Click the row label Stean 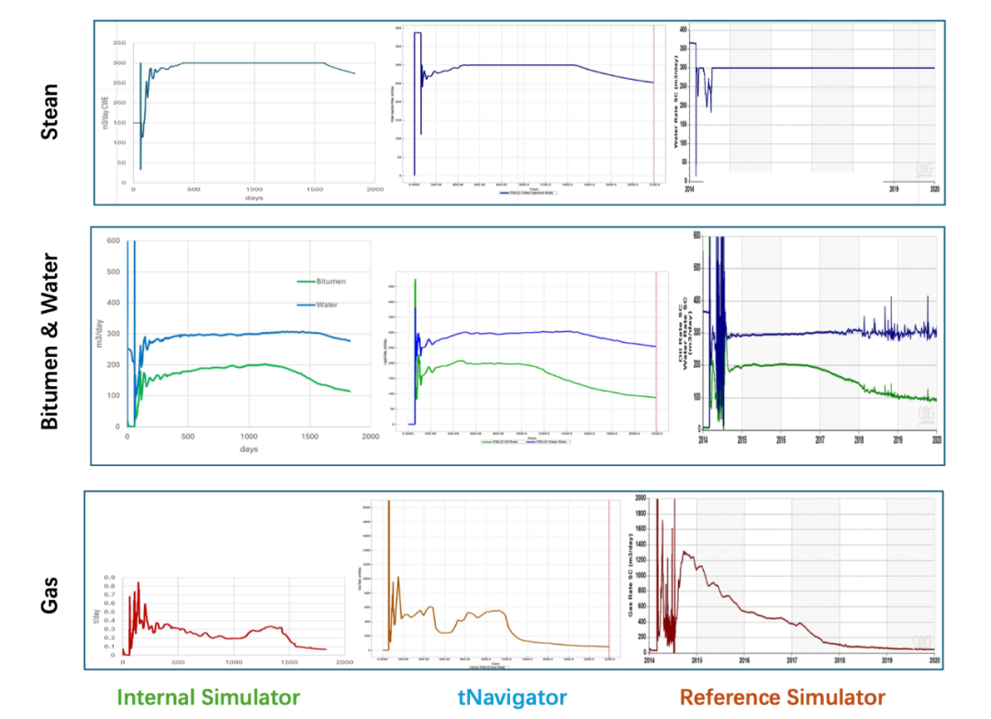[51, 112]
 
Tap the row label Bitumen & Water [51, 341]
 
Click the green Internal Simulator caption [208, 697]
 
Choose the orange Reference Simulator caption [783, 697]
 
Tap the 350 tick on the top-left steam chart [119, 43]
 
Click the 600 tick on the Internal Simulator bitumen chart [112, 241]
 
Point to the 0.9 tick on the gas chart [109, 578]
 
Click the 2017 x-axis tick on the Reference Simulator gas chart [792, 659]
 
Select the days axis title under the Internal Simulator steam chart [253, 199]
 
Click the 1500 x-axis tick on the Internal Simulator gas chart [290, 662]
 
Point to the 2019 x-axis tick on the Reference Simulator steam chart [895, 188]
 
